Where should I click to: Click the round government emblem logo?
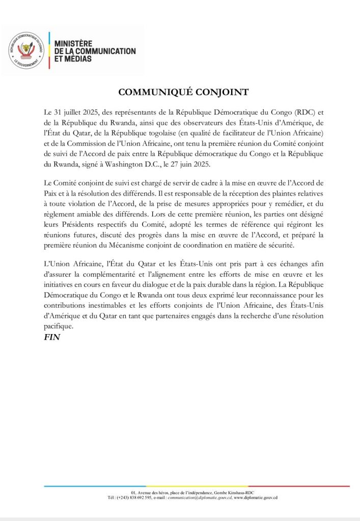click(x=25, y=50)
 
